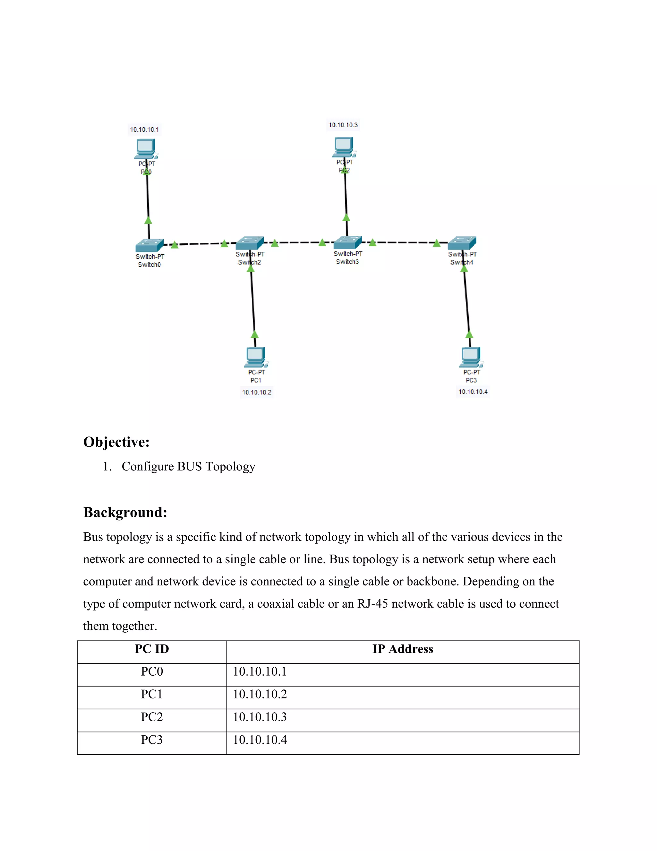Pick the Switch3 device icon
point(347,242)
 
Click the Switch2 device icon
point(250,243)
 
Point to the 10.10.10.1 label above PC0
point(144,129)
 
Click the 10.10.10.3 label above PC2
point(343,125)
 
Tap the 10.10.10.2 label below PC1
point(257,392)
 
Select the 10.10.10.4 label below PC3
point(473,391)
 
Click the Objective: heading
point(116,442)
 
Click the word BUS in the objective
point(190,466)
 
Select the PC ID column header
point(152,649)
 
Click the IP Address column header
point(403,649)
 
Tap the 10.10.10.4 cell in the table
point(260,740)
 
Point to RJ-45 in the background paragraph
point(372,604)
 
